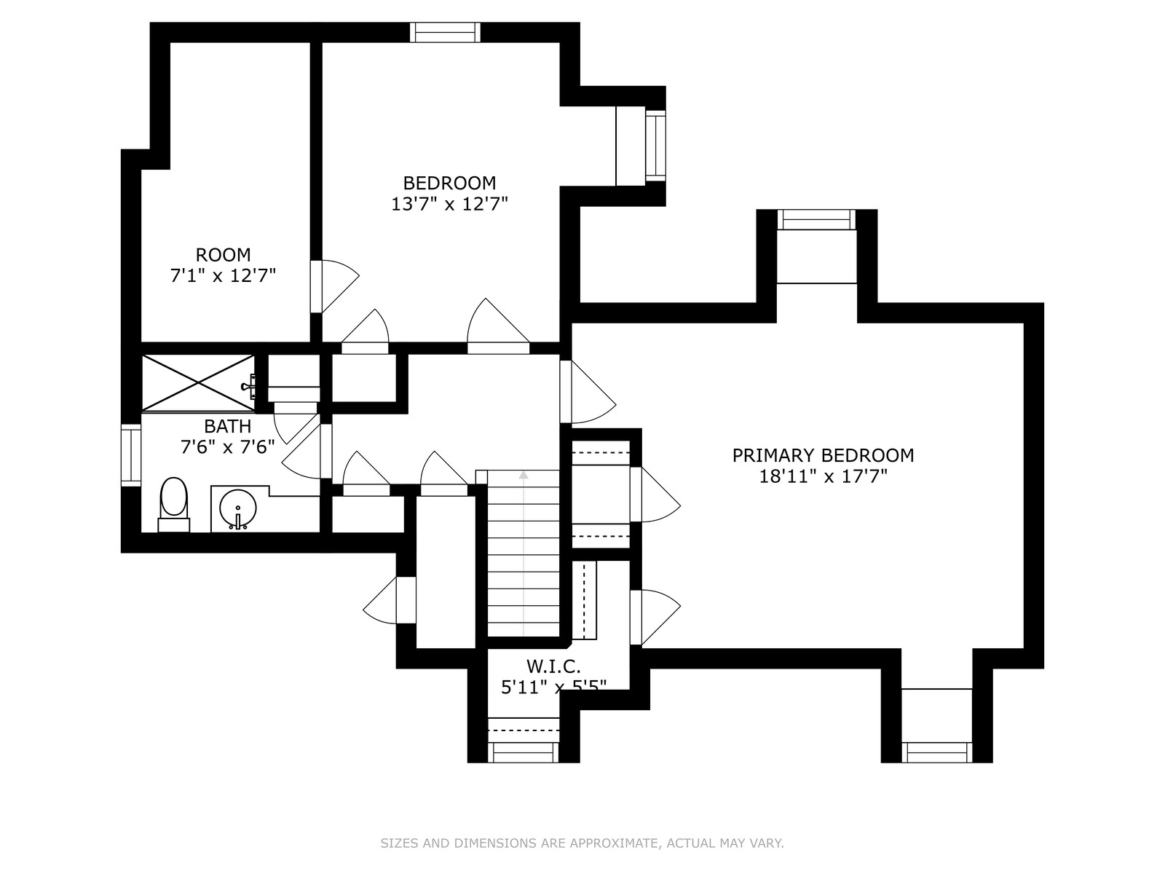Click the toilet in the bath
coord(173,504)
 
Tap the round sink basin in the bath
coord(238,508)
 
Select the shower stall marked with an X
coord(198,382)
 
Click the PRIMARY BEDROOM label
coord(823,455)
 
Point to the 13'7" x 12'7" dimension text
coord(449,205)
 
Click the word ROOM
coord(223,255)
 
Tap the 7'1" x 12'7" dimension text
coord(223,276)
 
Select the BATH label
coord(228,426)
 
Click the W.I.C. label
coord(553,666)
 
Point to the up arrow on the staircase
coord(524,475)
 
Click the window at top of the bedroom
coord(446,32)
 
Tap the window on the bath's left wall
coord(131,455)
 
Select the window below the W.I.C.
coord(524,752)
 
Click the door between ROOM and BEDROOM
coord(333,286)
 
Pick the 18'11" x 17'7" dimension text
coord(824,476)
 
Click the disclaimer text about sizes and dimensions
coord(582,843)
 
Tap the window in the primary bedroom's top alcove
coord(817,220)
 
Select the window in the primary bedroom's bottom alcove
coord(937,752)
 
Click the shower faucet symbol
coord(250,386)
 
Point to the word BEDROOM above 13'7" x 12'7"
coord(449,183)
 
